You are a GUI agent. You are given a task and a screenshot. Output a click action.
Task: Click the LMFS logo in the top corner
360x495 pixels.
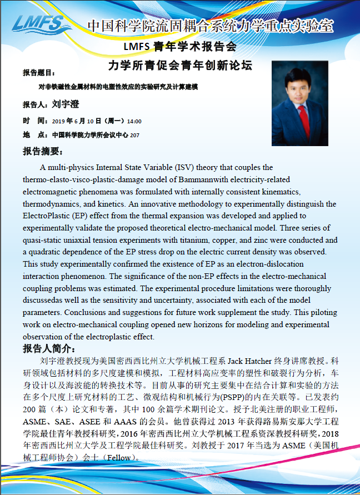click(39, 24)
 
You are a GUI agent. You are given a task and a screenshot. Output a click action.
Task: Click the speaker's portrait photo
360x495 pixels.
click(300, 103)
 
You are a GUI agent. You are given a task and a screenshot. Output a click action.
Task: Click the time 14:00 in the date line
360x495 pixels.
click(134, 121)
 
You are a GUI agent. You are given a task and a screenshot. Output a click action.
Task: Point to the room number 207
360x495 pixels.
click(134, 135)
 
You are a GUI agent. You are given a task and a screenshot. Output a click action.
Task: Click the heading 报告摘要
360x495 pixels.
click(43, 152)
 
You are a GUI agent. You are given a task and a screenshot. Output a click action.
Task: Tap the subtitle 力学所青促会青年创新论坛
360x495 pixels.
click(180, 66)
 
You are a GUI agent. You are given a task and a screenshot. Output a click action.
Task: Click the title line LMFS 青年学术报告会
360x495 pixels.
click(180, 46)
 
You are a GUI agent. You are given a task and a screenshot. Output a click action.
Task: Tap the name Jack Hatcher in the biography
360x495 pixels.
click(249, 361)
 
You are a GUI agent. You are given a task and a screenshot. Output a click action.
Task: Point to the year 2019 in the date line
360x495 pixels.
click(58, 121)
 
